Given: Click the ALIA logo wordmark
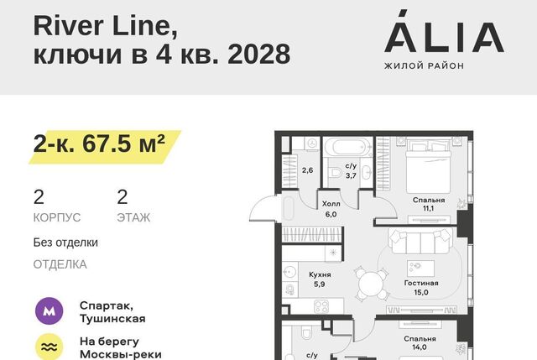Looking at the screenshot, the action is click(444, 32).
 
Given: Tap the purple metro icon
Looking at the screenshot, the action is click(50, 311).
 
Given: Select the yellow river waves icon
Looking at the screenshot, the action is click(50, 347).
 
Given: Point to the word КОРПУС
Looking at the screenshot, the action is click(57, 217).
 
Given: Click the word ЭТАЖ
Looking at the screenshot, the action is click(133, 217).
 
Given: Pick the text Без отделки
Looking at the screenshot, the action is click(65, 243).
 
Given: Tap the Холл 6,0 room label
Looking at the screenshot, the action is click(331, 209).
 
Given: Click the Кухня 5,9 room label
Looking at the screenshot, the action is click(320, 279).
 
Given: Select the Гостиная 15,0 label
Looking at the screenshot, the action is click(421, 288).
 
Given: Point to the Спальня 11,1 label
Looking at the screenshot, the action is click(429, 204).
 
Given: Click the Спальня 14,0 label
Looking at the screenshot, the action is click(420, 343).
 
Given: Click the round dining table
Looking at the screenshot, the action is click(370, 284).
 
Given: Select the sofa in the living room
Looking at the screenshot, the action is click(420, 242).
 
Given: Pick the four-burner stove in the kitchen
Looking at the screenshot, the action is click(321, 306).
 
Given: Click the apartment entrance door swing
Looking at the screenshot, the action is click(263, 208).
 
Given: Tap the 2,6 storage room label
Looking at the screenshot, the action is click(308, 170).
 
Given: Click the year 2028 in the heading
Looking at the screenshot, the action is click(259, 54).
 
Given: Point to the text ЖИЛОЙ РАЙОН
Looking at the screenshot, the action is click(424, 65).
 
